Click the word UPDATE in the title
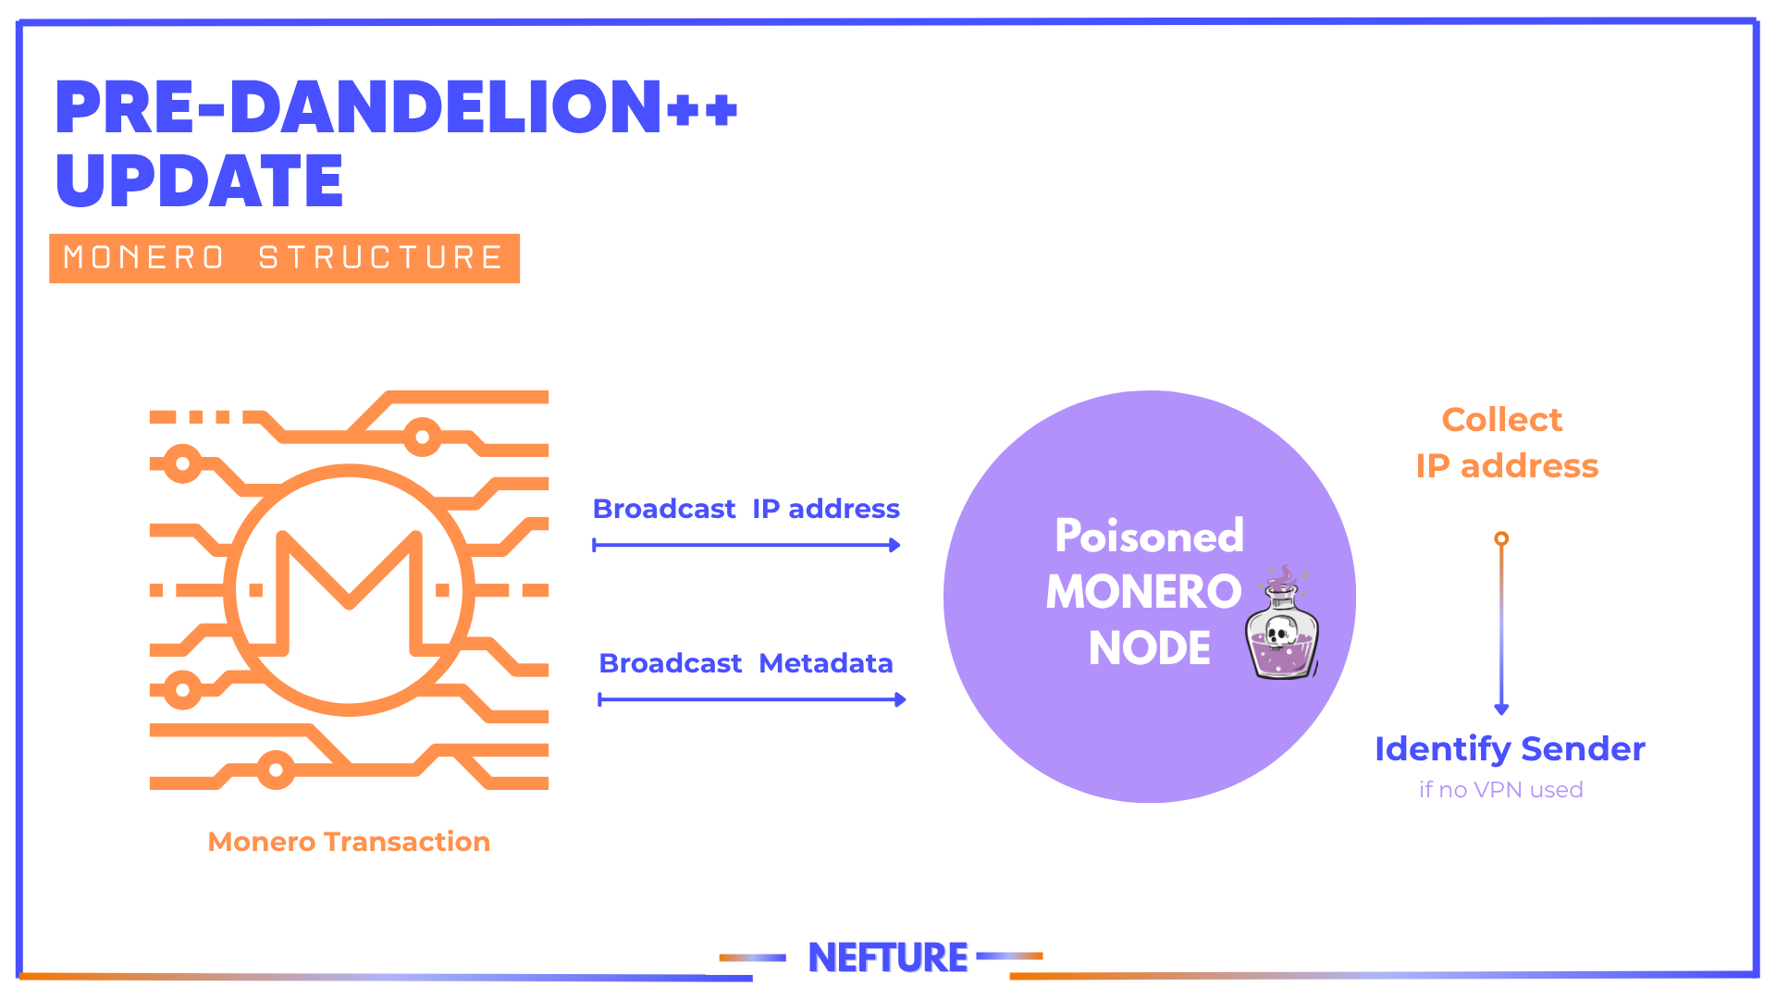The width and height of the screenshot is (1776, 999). (x=199, y=180)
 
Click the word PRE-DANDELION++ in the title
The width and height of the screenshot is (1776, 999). (x=396, y=106)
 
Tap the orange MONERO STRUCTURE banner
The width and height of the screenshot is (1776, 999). (x=284, y=258)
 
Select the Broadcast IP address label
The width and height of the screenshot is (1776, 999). (x=746, y=509)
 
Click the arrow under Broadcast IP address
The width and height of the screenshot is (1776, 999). (x=746, y=546)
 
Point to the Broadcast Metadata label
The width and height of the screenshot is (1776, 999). (x=746, y=663)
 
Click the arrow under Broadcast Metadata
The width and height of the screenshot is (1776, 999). (x=752, y=700)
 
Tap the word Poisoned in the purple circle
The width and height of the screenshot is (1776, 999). (x=1149, y=536)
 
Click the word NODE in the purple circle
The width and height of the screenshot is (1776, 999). (x=1149, y=647)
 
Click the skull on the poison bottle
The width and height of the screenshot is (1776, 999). (x=1281, y=632)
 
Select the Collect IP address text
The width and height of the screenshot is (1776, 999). (x=1506, y=442)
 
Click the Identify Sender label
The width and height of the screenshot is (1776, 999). (x=1510, y=748)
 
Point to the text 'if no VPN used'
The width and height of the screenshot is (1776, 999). (x=1500, y=790)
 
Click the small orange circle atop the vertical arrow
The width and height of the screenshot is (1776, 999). (x=1501, y=538)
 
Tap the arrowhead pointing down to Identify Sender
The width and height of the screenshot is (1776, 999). (x=1501, y=709)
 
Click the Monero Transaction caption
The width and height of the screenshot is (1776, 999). (x=349, y=842)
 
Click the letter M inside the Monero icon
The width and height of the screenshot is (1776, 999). (x=349, y=592)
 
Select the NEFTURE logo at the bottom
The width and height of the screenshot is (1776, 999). (x=888, y=957)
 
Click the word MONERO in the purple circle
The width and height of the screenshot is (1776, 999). (x=1143, y=592)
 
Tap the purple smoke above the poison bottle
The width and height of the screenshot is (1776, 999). (x=1282, y=577)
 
